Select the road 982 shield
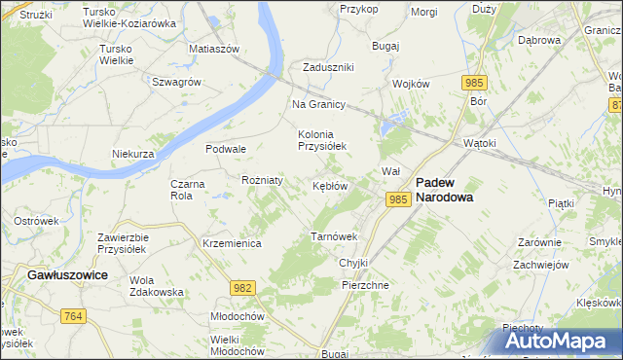[243, 287]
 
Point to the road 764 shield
[72, 315]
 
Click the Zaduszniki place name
[328, 67]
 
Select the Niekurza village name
[133, 154]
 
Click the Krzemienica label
[232, 243]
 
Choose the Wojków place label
[411, 84]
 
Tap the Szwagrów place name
[176, 82]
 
